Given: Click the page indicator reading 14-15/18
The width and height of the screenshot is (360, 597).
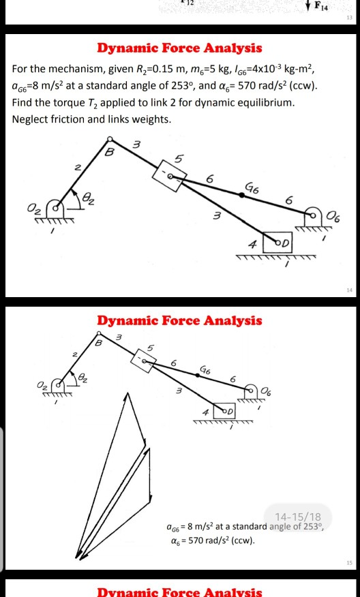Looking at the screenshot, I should coord(300,516).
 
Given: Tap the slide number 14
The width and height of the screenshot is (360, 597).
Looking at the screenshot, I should coord(350,290).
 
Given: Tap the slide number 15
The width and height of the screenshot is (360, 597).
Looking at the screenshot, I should coord(350,562).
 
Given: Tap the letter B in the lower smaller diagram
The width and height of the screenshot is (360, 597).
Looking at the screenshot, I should coord(100,342).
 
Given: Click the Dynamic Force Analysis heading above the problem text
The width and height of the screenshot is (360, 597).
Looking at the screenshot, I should coord(179,48).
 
